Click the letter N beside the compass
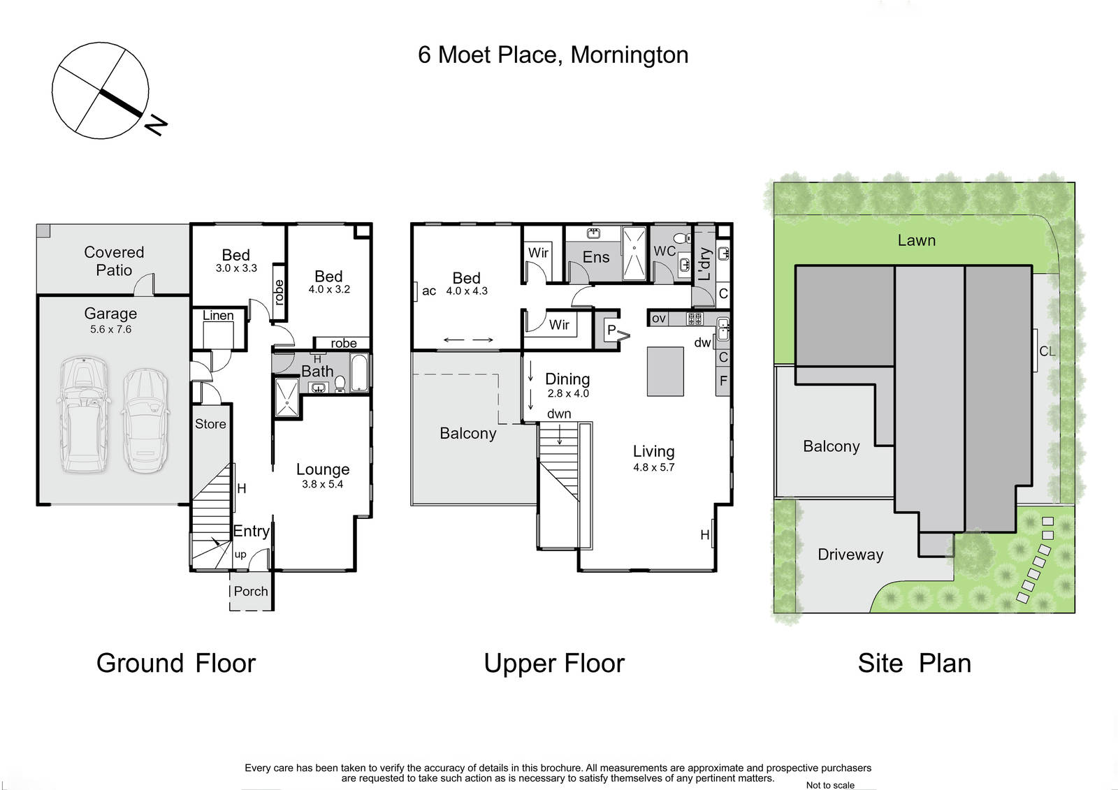pos(156,125)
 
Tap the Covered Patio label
pos(114,261)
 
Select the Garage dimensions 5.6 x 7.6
pos(111,330)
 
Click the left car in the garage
pos(83,414)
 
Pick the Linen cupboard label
pos(218,316)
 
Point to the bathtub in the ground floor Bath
pos(359,373)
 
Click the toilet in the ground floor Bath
pos(340,383)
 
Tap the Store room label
pos(210,424)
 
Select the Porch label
pos(251,592)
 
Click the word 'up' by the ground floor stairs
pos(240,555)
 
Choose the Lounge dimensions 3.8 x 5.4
pos(322,484)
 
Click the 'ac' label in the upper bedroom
pos(429,291)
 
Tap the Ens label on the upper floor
pos(596,257)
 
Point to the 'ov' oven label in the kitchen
pos(659,319)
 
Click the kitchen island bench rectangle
pos(665,372)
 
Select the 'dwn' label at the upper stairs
pos(559,414)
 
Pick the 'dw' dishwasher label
pos(702,342)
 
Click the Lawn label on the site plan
pos(916,240)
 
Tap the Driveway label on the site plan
pos(850,555)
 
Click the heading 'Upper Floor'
pos(554,664)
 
